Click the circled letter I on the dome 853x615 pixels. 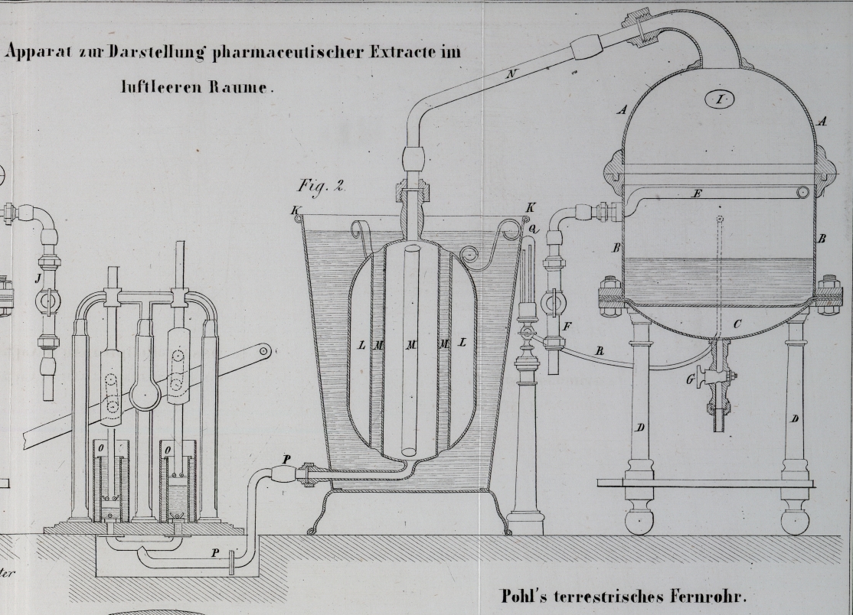[720, 99]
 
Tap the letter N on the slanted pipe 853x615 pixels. [511, 74]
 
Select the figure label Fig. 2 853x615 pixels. [321, 186]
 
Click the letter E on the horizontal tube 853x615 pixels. [697, 194]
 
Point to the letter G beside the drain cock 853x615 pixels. [691, 379]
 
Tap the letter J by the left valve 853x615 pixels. [38, 278]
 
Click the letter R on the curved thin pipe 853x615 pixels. [599, 351]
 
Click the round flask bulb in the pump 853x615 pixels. [145, 393]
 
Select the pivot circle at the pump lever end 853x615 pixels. [264, 352]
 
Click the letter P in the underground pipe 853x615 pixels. [215, 552]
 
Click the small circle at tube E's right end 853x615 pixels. [803, 192]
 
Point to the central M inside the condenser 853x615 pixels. [412, 345]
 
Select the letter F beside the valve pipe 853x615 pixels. [567, 327]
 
